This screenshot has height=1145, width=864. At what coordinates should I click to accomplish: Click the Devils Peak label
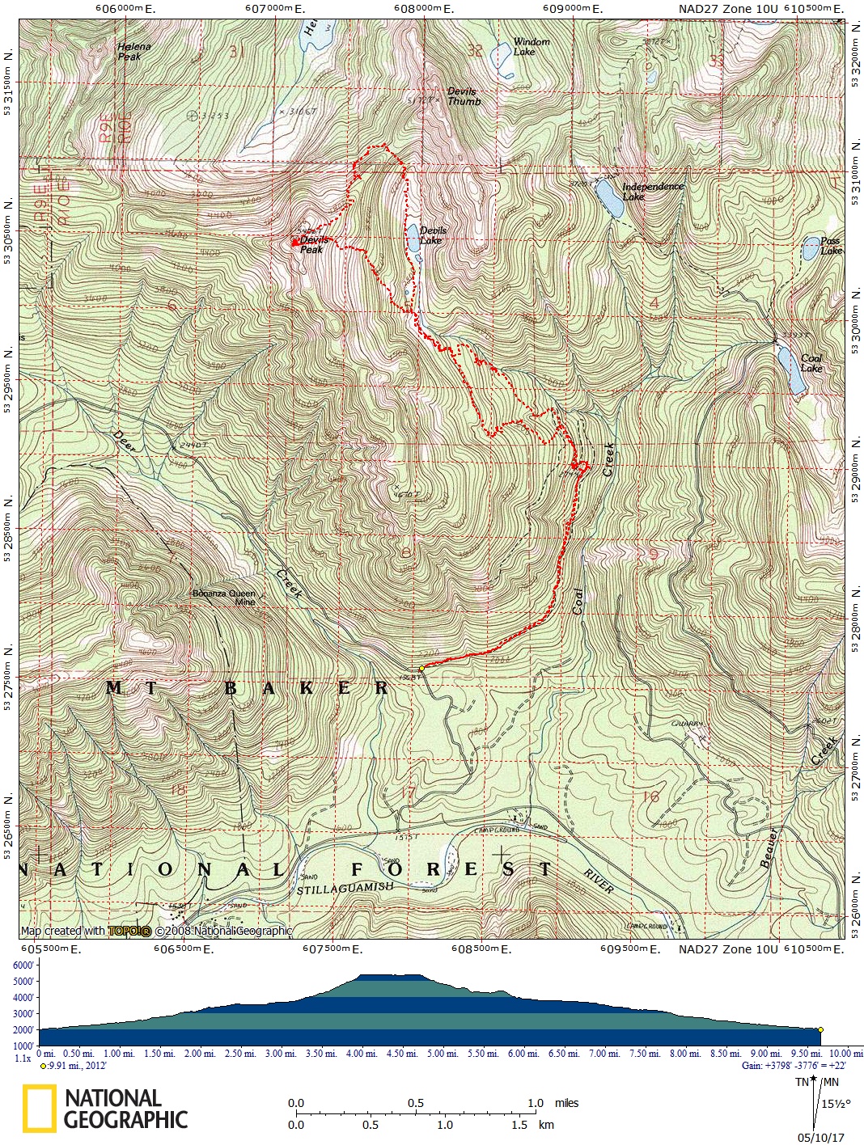314,244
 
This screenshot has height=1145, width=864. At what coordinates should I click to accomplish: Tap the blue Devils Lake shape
413,238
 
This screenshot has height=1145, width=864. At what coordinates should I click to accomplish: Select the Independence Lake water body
609,198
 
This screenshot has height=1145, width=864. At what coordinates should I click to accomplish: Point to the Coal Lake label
811,363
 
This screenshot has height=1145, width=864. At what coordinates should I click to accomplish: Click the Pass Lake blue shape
810,249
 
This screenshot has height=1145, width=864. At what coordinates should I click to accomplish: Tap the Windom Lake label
531,47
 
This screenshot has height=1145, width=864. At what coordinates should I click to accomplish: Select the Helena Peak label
133,52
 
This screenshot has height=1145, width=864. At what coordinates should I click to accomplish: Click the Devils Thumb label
464,96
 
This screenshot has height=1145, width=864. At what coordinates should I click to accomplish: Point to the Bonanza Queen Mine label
224,598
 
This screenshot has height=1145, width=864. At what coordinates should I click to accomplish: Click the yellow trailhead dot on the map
421,668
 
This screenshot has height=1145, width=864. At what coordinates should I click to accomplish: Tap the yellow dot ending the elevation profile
820,1029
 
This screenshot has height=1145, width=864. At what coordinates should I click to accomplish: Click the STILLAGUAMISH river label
345,889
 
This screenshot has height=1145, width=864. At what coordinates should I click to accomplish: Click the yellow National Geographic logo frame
39,1108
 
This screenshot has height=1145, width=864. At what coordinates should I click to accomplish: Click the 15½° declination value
836,1104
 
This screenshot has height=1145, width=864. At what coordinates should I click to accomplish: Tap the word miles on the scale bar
566,1103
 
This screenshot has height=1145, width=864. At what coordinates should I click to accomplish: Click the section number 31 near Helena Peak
236,52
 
